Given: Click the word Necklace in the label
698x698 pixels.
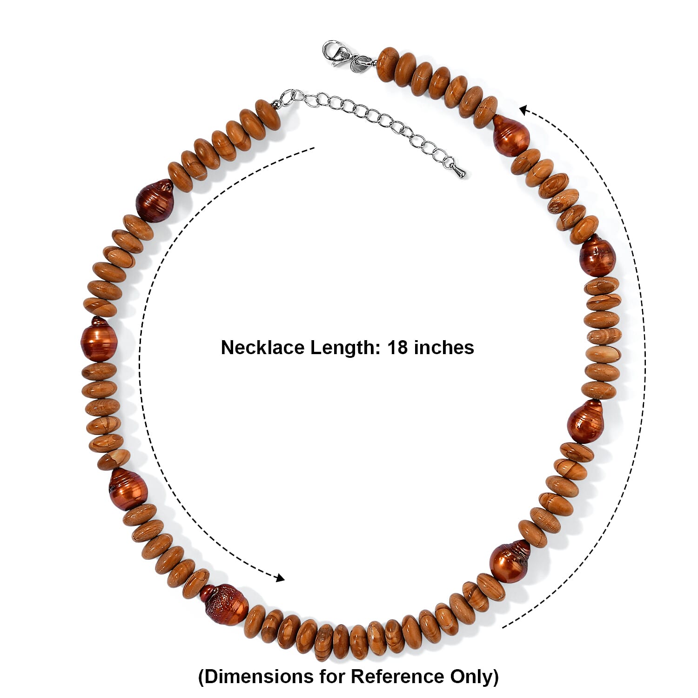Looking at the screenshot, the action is pos(262,348).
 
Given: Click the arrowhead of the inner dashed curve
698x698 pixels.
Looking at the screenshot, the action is pos(279,578).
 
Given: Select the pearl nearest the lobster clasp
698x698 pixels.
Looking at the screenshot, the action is pos(510,135).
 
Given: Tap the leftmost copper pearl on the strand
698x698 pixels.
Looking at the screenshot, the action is pos(98,340).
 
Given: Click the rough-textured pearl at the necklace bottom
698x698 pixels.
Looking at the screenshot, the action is pos(224,604).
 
